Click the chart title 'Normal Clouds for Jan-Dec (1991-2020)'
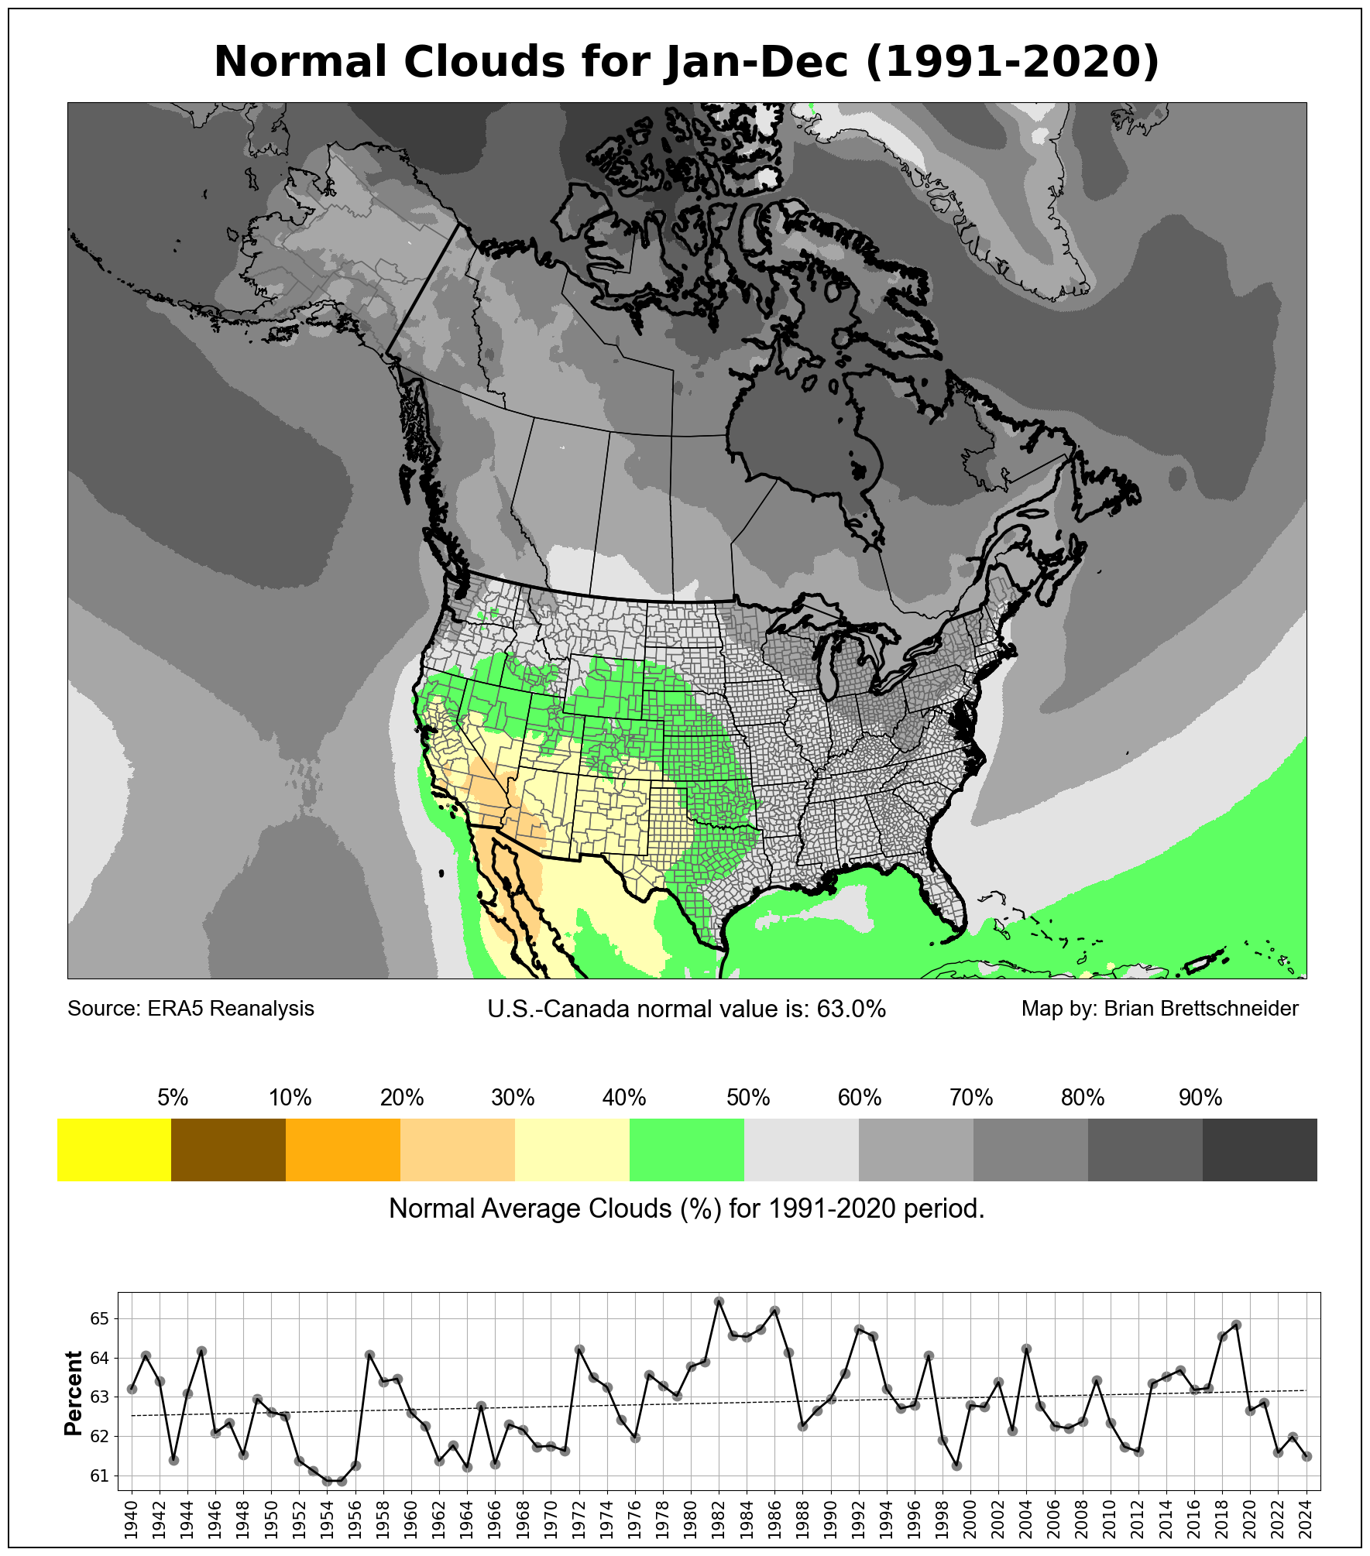(x=686, y=62)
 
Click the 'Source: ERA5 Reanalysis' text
(x=191, y=1009)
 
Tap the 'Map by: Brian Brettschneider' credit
(x=1159, y=1009)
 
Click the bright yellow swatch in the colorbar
(x=114, y=1150)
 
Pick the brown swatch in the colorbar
(x=228, y=1150)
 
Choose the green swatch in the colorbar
(x=687, y=1150)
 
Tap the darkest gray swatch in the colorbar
(x=1259, y=1150)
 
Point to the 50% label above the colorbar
(x=748, y=1098)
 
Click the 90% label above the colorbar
(x=1200, y=1098)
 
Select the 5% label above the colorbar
(x=173, y=1098)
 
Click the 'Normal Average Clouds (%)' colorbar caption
(x=686, y=1208)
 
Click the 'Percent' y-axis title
(x=74, y=1393)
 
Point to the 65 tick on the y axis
(x=100, y=1318)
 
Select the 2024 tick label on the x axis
(x=1307, y=1519)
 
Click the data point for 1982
(x=719, y=1301)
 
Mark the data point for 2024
(x=1307, y=1456)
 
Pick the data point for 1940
(x=132, y=1389)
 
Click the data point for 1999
(x=957, y=1465)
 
